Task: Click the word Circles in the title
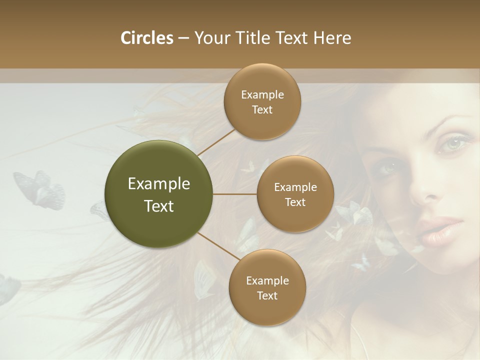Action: (x=146, y=38)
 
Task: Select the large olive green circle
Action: (x=159, y=194)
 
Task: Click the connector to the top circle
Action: (x=216, y=142)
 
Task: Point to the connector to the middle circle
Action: (x=235, y=194)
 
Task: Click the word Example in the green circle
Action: (x=159, y=184)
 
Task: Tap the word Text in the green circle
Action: (x=159, y=206)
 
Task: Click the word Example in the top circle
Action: (x=262, y=94)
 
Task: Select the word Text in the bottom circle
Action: (x=267, y=295)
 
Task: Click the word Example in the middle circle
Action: (x=295, y=187)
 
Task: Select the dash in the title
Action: (x=183, y=38)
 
